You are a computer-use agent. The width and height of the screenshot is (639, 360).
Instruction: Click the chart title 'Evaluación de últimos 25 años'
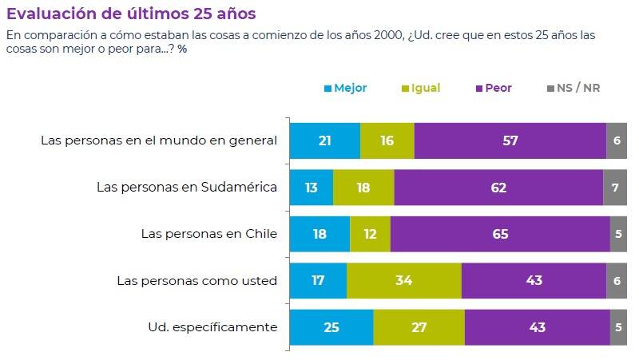click(x=132, y=14)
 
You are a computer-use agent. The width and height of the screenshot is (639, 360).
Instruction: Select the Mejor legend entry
click(x=345, y=88)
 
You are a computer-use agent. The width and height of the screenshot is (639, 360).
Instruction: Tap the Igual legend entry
click(x=420, y=88)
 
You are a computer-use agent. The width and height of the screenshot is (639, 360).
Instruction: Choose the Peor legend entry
click(x=493, y=88)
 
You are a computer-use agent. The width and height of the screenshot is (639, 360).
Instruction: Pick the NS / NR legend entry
click(x=574, y=88)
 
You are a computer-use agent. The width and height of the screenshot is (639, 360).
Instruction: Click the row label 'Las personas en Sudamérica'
click(x=187, y=188)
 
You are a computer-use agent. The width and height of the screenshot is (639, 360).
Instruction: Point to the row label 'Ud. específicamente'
click(x=212, y=326)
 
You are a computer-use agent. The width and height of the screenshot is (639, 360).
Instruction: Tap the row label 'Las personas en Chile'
click(x=208, y=234)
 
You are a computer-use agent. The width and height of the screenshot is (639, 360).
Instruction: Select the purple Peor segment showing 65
click(x=500, y=234)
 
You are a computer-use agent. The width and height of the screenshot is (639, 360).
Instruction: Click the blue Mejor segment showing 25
click(x=331, y=326)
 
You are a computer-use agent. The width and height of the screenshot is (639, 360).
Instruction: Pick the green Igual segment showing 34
click(x=404, y=280)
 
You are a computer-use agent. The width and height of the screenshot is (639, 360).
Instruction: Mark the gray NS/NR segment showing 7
click(x=615, y=188)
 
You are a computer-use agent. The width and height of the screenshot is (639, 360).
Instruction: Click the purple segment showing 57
click(x=510, y=141)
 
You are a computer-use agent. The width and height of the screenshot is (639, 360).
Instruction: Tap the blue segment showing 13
click(x=312, y=188)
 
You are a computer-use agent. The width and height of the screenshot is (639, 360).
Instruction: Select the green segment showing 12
click(x=371, y=234)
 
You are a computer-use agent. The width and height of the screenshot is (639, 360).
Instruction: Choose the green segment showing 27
click(x=419, y=326)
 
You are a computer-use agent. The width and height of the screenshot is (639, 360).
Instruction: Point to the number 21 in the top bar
click(x=325, y=141)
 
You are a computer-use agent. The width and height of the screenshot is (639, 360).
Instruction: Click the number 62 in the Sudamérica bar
click(x=499, y=188)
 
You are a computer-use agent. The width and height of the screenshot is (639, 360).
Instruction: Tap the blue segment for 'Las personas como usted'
click(x=318, y=280)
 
